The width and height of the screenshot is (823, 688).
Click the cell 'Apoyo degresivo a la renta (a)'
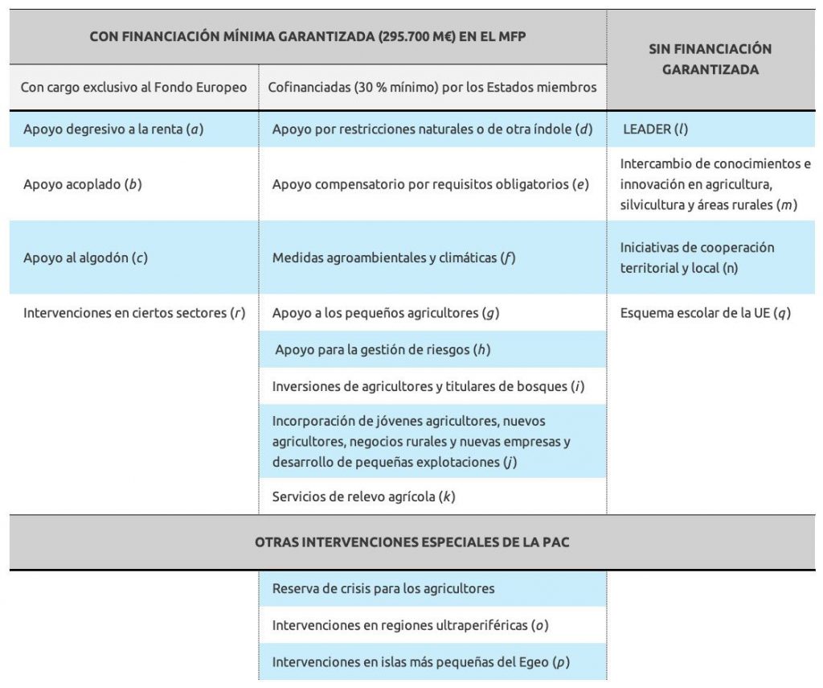point(113,129)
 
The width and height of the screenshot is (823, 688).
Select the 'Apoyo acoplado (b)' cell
point(83,183)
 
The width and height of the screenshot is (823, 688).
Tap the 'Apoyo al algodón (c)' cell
point(86,257)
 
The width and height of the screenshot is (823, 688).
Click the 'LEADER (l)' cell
point(656,129)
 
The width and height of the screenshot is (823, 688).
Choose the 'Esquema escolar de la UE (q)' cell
point(705,313)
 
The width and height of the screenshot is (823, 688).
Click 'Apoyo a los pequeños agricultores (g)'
point(386,313)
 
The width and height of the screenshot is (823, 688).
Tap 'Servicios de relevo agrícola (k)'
point(363,496)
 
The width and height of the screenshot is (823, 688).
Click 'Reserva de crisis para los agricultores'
point(383,588)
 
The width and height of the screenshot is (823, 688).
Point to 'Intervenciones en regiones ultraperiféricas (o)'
point(410,624)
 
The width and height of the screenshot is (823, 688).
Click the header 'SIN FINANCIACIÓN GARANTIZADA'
point(710,59)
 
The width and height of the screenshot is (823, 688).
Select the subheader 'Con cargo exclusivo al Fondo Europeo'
point(134,87)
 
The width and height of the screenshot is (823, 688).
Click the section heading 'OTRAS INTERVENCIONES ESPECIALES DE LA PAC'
point(411,542)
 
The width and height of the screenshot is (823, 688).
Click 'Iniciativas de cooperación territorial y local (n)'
point(697,257)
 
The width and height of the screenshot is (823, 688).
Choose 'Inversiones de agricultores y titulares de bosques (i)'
point(428,386)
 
